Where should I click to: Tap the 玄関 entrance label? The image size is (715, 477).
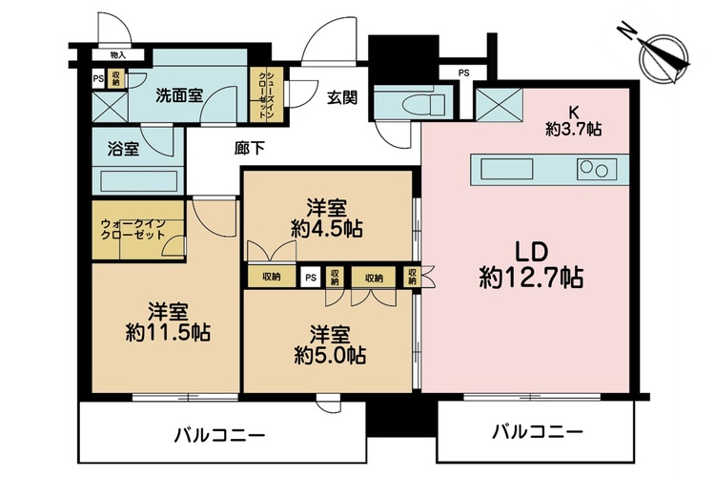(342, 97)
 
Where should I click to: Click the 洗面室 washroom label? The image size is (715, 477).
(179, 95)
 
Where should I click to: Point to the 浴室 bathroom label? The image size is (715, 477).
(123, 149)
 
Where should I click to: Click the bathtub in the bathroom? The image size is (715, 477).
(138, 180)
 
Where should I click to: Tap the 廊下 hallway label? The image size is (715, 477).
(250, 148)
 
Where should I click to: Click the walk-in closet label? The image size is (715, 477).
(133, 230)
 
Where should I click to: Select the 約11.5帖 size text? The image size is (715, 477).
(168, 332)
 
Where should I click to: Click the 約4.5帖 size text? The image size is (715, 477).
(327, 229)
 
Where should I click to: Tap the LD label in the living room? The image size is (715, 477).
(531, 252)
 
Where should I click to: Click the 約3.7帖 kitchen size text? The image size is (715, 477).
(574, 129)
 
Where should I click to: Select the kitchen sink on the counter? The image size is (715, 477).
(506, 169)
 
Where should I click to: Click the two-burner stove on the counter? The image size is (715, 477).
(597, 169)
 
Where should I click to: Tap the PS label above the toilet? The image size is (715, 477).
(463, 73)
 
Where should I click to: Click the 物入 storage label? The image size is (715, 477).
(117, 55)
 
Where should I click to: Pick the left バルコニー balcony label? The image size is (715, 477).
(219, 435)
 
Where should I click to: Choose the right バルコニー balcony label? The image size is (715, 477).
(537, 431)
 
